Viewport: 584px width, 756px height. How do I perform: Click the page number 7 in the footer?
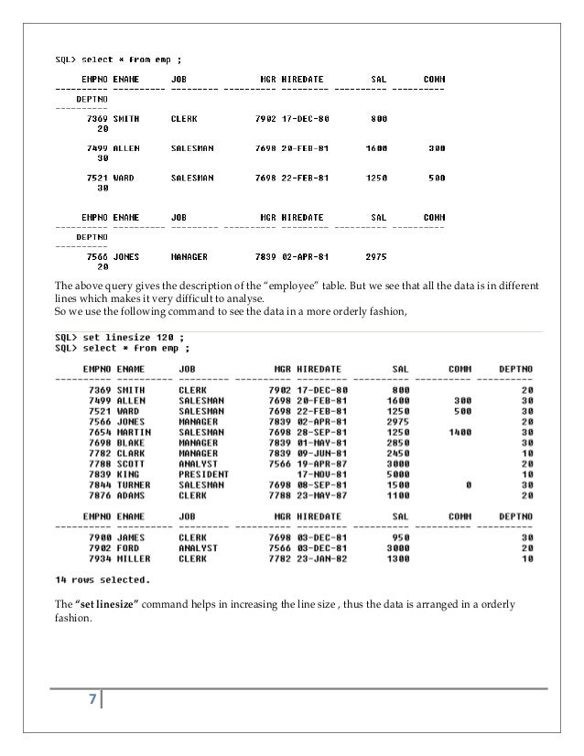(x=92, y=701)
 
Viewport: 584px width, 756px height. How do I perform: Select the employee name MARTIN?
(x=134, y=431)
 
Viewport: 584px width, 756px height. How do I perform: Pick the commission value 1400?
(x=460, y=431)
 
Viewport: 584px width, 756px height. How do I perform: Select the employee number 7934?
(x=90, y=558)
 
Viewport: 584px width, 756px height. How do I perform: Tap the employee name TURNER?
(x=134, y=486)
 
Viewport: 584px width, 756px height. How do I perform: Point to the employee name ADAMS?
(x=131, y=497)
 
